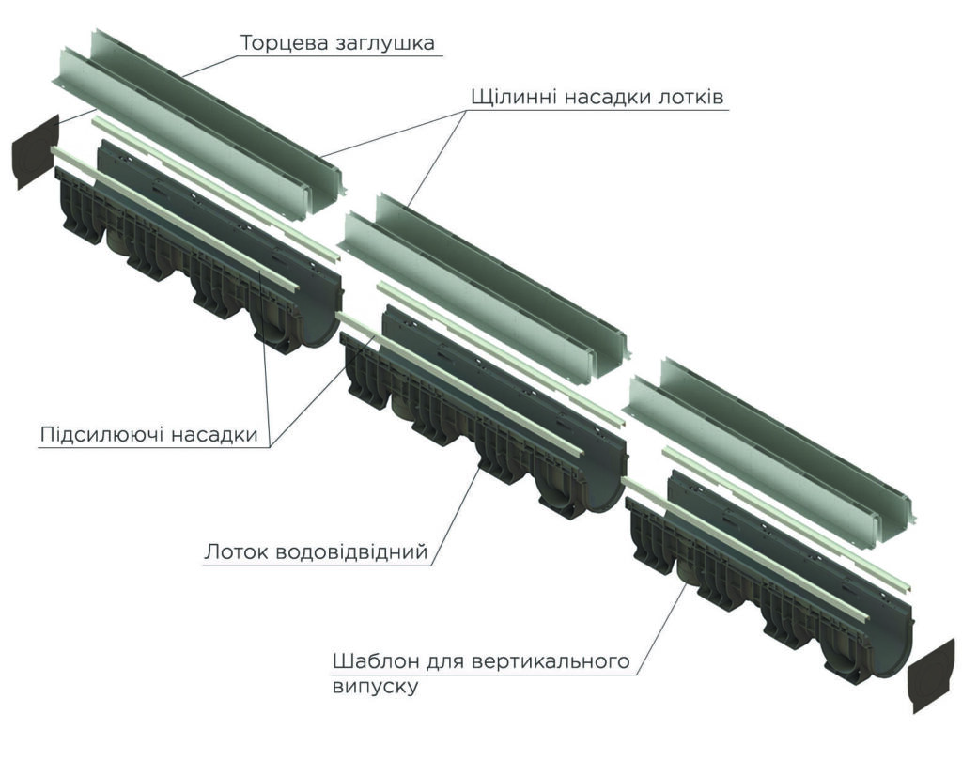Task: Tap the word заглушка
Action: (x=386, y=44)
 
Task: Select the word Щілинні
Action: (x=514, y=98)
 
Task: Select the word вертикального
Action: (x=552, y=662)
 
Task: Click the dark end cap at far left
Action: (x=36, y=151)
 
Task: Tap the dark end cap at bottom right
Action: (x=931, y=675)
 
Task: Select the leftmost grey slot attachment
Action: (x=199, y=123)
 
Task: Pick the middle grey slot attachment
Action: (x=485, y=287)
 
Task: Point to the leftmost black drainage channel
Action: (x=197, y=245)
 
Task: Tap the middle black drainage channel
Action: (x=483, y=411)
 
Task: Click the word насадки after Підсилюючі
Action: (x=214, y=435)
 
